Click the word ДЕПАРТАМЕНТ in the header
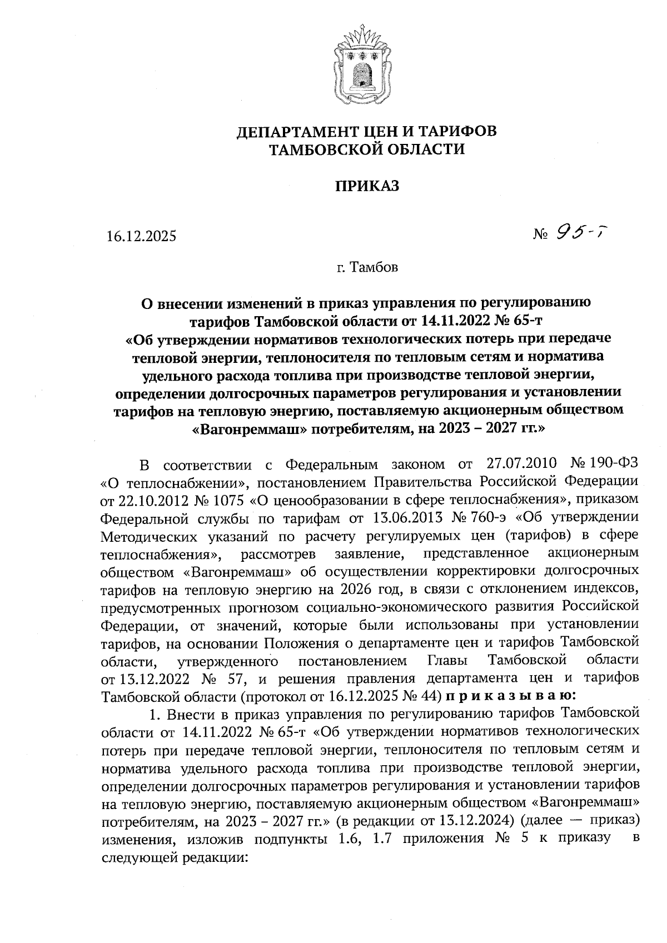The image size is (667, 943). (295, 132)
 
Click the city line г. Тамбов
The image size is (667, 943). (367, 268)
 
